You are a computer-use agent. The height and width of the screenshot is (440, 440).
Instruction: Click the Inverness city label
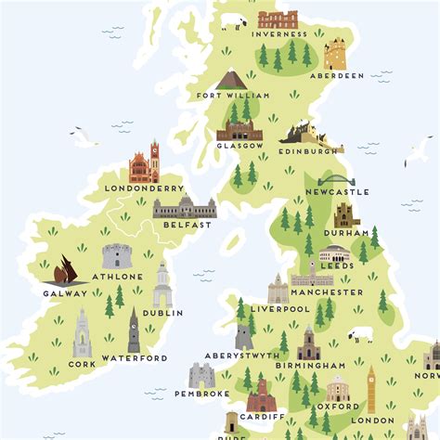pos(282,35)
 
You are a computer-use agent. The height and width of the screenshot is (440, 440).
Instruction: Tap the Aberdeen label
pos(338,75)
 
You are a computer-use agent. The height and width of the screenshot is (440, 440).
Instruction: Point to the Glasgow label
pos(240,146)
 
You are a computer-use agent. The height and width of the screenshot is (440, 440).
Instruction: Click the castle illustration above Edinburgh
pos(304,135)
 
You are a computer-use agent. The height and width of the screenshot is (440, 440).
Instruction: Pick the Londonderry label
pos(144,188)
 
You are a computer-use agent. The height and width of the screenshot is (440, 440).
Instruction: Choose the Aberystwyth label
pos(243,356)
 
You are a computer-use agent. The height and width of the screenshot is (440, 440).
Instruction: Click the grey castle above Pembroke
pos(201,375)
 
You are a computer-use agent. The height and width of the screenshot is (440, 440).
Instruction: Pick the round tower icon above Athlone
pos(116,255)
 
